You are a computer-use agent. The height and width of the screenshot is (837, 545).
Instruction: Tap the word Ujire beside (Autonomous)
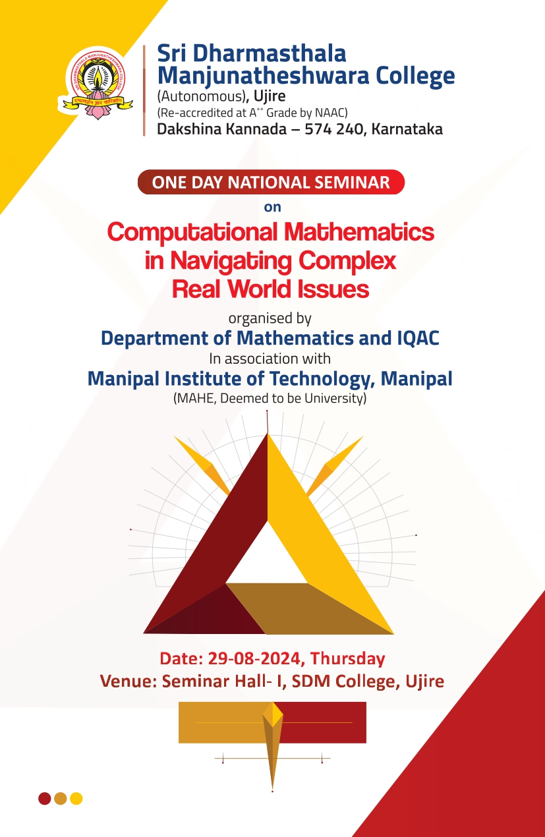point(270,96)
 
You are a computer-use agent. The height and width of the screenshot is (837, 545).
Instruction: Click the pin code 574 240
point(333,129)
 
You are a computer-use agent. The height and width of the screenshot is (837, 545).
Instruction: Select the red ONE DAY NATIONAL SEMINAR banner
point(271,182)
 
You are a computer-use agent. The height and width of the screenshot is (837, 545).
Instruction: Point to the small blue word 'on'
point(272,208)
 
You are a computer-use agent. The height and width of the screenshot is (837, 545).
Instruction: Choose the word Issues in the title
point(333,289)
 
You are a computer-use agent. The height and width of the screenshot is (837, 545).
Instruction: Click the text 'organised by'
point(270,319)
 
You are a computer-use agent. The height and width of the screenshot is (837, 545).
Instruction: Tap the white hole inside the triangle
point(267,558)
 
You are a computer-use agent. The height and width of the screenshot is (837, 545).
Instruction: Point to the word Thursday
point(347,659)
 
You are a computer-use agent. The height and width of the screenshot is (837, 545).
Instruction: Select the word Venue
point(127,681)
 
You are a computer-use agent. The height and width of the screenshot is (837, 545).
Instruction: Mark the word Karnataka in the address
point(407,129)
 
